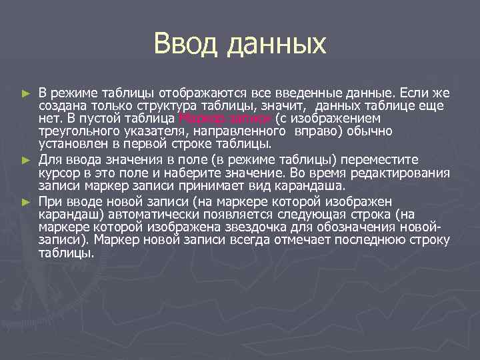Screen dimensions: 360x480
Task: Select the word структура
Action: point(157,105)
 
